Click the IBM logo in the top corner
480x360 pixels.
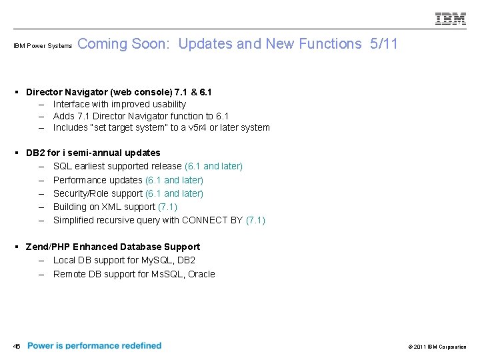[x=451, y=19]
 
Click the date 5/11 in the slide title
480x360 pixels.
[x=384, y=44]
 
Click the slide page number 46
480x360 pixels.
[x=17, y=346]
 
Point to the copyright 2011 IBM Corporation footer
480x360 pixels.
[x=436, y=347]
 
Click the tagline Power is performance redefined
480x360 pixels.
[x=95, y=345]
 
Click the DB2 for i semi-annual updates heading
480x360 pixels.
[x=93, y=153]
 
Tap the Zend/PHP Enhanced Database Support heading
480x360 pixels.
[x=113, y=247]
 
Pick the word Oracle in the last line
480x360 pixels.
[x=201, y=274]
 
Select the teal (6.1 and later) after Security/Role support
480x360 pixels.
[x=174, y=193]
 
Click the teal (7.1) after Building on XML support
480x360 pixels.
[x=167, y=207]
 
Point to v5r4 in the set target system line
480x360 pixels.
[x=184, y=127]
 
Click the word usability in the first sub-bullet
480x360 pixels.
[x=167, y=104]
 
